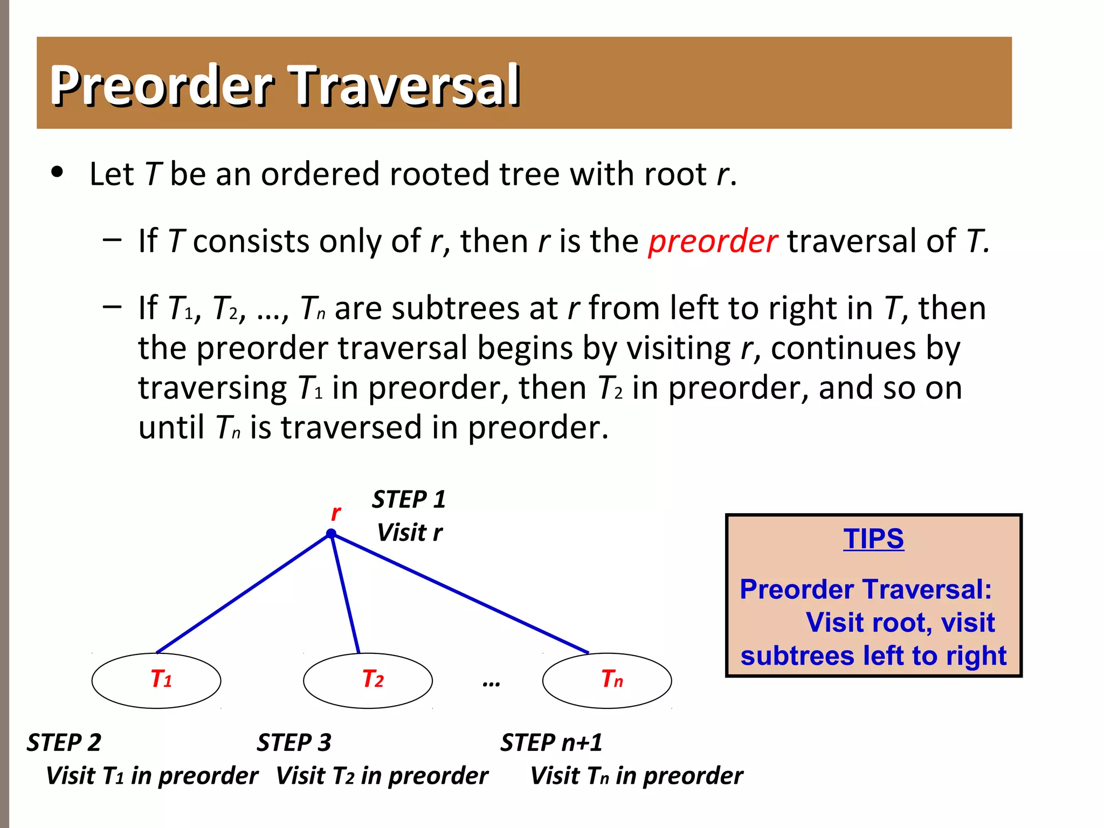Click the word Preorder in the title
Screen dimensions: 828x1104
pyautogui.click(x=162, y=85)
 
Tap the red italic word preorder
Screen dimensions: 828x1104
pyautogui.click(x=712, y=241)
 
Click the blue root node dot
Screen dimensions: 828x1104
pyautogui.click(x=331, y=534)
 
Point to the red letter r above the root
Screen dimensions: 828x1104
pyautogui.click(x=335, y=513)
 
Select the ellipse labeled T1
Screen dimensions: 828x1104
pyautogui.click(x=156, y=680)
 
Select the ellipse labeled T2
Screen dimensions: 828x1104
pyautogui.click(x=368, y=680)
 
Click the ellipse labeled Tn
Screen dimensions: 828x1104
pyautogui.click(x=607, y=680)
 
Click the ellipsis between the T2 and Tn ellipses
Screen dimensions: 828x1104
pyautogui.click(x=491, y=684)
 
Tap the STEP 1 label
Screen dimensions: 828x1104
pyautogui.click(x=409, y=499)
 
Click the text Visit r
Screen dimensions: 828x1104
pyautogui.click(x=409, y=533)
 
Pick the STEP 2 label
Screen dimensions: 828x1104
pyautogui.click(x=64, y=742)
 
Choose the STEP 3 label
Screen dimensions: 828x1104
pyautogui.click(x=294, y=742)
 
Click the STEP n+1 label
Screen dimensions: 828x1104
pyautogui.click(x=551, y=742)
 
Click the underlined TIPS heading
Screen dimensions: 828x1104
pyautogui.click(x=873, y=539)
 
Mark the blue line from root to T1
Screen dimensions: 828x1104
pyautogui.click(x=243, y=594)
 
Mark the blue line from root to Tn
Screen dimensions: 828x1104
pyautogui.click(x=458, y=593)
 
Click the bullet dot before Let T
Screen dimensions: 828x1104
pyautogui.click(x=57, y=172)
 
